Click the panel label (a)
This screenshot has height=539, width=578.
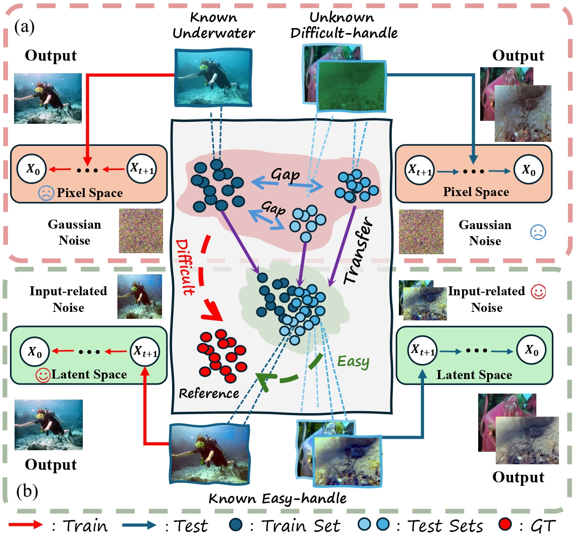click(x=25, y=27)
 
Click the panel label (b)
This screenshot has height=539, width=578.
click(x=27, y=491)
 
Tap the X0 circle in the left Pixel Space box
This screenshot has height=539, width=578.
click(x=33, y=169)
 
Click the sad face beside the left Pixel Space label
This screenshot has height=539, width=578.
click(x=46, y=193)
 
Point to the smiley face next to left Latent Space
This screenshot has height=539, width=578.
click(x=43, y=375)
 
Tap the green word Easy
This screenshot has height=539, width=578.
click(x=353, y=361)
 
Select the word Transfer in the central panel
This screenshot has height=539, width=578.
click(x=359, y=250)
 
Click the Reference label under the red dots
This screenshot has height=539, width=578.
click(x=209, y=393)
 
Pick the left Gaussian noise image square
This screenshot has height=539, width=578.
click(x=141, y=231)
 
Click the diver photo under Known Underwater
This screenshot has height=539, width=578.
click(x=213, y=77)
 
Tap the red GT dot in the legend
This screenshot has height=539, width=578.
click(x=506, y=525)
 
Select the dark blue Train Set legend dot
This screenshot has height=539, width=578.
click(x=235, y=525)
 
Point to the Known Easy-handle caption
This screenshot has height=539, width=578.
click(x=277, y=498)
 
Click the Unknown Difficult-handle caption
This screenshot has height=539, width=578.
click(x=344, y=25)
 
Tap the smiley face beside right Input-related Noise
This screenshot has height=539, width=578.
click(x=538, y=292)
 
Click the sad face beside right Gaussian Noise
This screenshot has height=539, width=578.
click(x=538, y=232)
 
